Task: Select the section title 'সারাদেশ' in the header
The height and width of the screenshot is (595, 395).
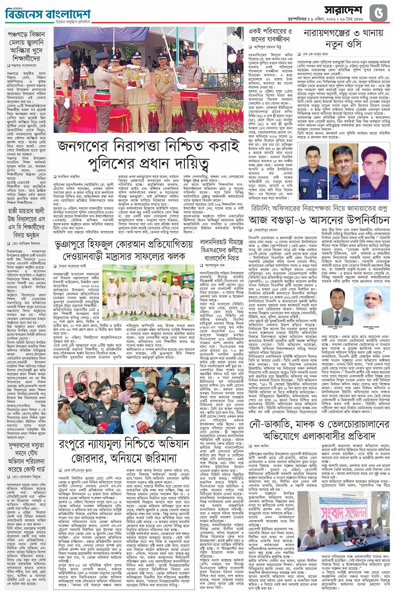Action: (345, 10)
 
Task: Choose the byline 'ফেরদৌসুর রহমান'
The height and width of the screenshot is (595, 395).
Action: (267, 230)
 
